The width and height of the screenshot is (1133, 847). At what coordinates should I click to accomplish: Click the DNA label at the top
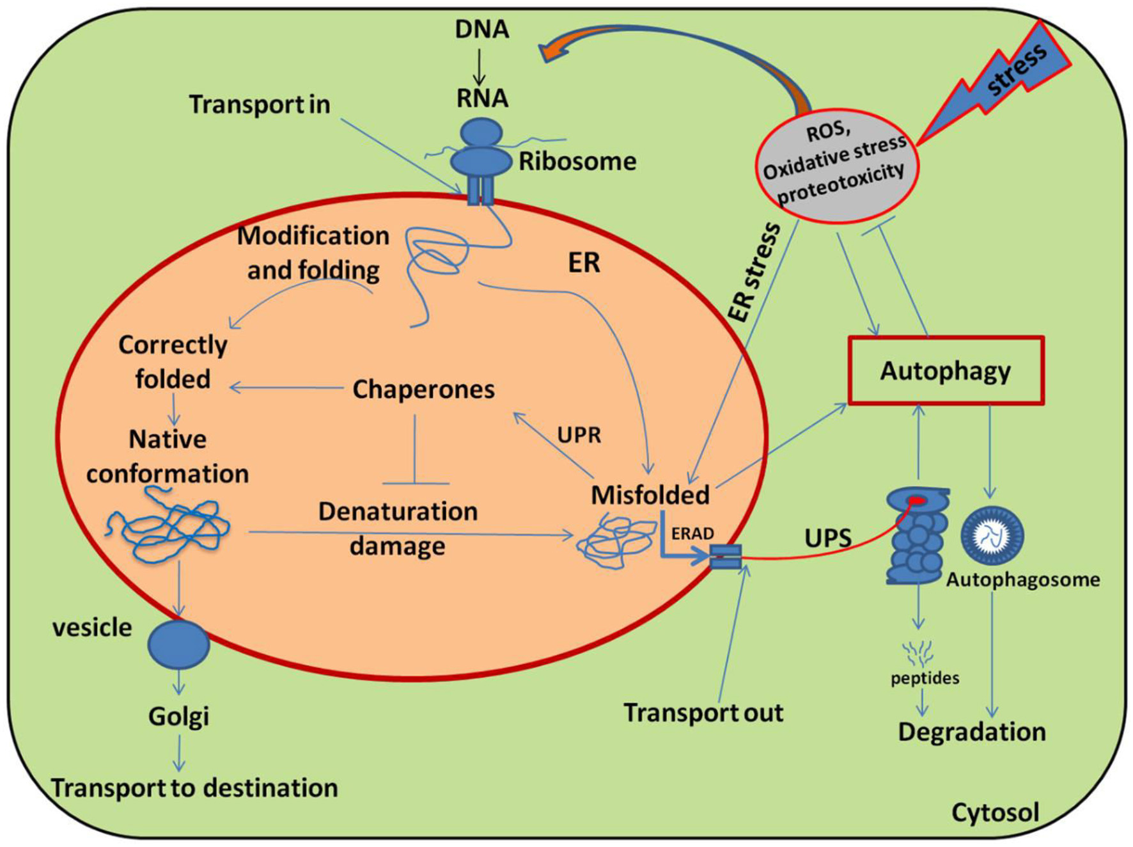tap(481, 29)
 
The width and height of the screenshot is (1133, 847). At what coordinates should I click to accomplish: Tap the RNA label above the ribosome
tap(482, 98)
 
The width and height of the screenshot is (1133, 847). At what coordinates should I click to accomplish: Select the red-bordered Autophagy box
tap(945, 370)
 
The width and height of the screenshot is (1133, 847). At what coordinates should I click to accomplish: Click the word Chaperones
tap(423, 389)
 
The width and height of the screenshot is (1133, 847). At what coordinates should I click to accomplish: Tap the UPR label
tap(579, 435)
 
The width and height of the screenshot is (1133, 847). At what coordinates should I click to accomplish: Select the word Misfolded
tap(650, 495)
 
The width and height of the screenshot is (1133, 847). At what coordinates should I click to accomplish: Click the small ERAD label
tap(692, 534)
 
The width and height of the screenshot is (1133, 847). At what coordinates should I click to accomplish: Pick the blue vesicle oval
tap(178, 644)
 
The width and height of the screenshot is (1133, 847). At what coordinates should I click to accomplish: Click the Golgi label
tap(178, 716)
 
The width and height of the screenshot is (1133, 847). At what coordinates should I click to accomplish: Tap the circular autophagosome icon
tap(992, 536)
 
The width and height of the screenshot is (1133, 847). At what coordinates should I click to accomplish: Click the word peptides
tap(925, 677)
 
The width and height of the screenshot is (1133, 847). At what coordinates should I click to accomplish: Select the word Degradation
tap(971, 732)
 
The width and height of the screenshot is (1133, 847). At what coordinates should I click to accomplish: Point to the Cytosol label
tap(995, 812)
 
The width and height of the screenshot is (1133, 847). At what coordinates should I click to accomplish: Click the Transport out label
tap(703, 713)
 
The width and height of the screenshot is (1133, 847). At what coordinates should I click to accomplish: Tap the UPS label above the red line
tap(827, 538)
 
